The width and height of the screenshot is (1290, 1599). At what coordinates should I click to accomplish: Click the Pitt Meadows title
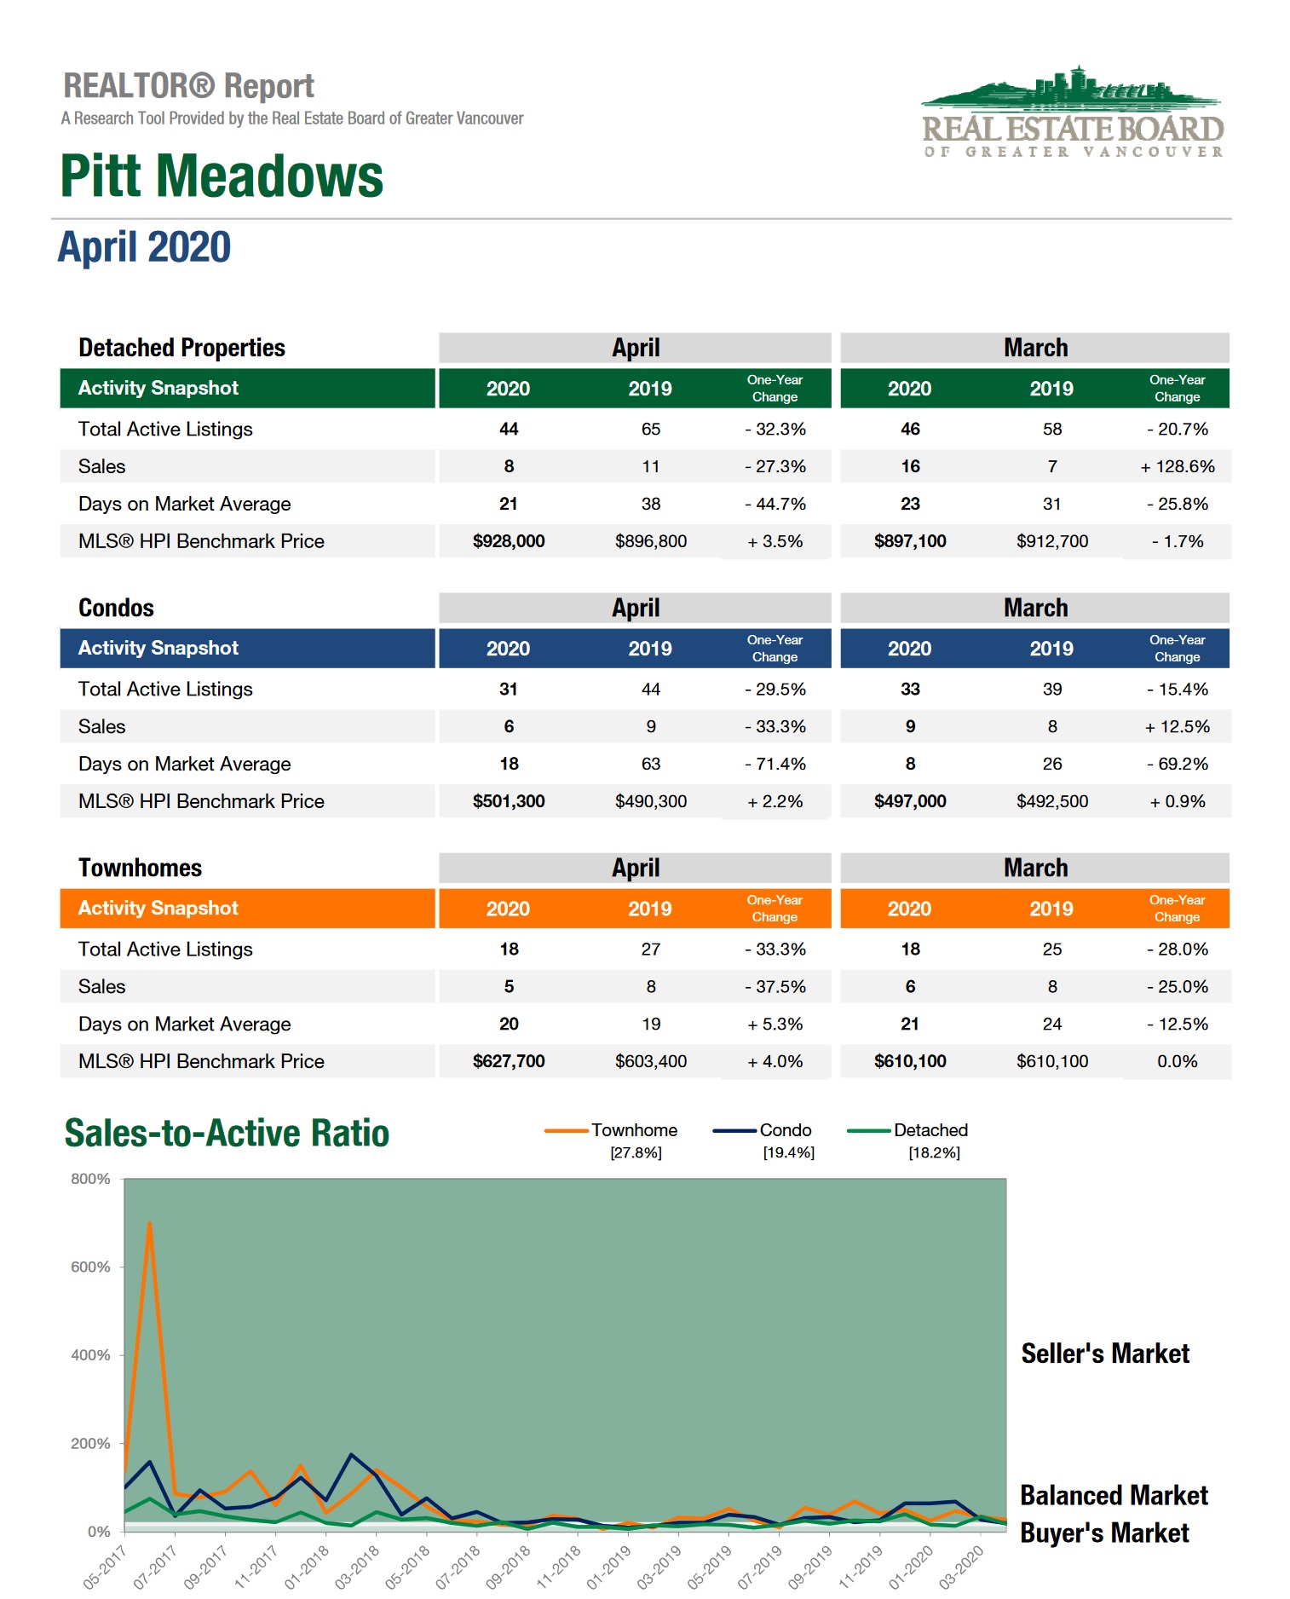(222, 176)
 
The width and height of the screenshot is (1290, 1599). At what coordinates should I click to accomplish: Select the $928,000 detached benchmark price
(509, 541)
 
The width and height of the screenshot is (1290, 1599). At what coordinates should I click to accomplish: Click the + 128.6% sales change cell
(1177, 466)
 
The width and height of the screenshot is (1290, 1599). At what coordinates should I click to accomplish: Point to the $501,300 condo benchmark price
(509, 801)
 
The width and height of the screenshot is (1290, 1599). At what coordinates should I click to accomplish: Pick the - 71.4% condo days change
(775, 764)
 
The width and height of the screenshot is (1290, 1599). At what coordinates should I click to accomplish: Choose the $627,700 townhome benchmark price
(509, 1061)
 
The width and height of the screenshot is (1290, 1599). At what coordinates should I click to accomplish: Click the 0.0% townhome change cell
(1177, 1061)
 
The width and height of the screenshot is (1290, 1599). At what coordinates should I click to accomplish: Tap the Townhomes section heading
(141, 868)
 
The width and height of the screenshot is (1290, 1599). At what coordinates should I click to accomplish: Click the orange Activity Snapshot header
(158, 908)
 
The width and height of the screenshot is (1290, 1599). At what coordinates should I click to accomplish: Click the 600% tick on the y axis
(91, 1267)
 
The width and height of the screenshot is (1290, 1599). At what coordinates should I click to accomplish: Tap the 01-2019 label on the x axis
(609, 1567)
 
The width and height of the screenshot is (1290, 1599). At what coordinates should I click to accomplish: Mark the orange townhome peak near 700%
(150, 1224)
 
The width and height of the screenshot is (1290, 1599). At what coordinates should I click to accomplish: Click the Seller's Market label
(1105, 1354)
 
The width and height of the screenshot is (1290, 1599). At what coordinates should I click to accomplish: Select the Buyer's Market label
(1104, 1533)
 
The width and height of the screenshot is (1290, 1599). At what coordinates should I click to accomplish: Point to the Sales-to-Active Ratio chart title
(227, 1134)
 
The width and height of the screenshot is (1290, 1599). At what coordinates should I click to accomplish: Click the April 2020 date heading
(145, 248)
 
